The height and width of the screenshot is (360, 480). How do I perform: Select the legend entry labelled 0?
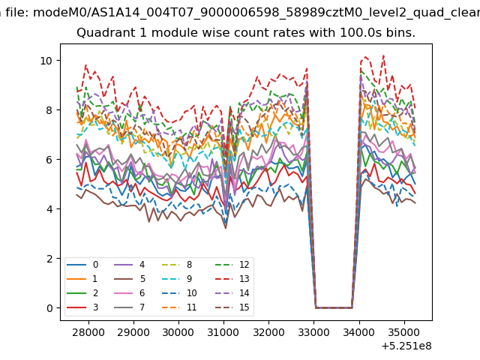pyautogui.click(x=82, y=265)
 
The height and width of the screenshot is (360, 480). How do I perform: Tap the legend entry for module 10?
pyautogui.click(x=179, y=293)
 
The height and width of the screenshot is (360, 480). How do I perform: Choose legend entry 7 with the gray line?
pyautogui.click(x=130, y=307)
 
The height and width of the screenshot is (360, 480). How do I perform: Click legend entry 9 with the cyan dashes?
pyautogui.click(x=177, y=279)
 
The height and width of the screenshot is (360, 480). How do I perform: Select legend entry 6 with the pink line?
pyautogui.click(x=130, y=293)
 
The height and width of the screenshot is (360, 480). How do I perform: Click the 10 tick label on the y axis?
pyautogui.click(x=46, y=61)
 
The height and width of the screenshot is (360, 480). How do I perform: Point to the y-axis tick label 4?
pyautogui.click(x=49, y=209)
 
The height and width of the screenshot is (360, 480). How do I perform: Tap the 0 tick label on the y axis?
pyautogui.click(x=49, y=308)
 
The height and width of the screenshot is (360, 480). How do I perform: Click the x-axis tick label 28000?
pyautogui.click(x=88, y=332)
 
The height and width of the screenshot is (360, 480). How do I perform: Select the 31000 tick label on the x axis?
pyautogui.click(x=223, y=332)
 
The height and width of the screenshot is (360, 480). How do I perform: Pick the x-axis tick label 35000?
pyautogui.click(x=404, y=332)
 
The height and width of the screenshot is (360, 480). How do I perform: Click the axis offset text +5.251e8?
pyautogui.click(x=406, y=346)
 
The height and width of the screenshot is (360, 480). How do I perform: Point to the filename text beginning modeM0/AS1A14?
pyautogui.click(x=256, y=13)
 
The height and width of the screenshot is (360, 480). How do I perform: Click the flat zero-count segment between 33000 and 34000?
pyautogui.click(x=334, y=307)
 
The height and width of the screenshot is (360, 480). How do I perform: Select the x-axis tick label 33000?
pyautogui.click(x=314, y=332)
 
